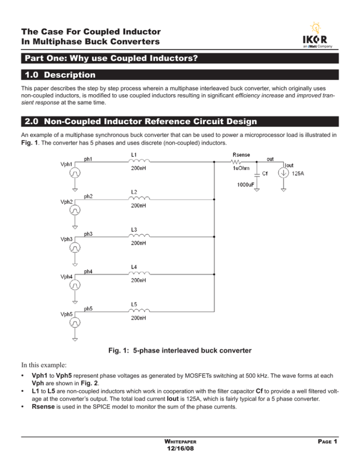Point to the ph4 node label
tap(88, 271)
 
